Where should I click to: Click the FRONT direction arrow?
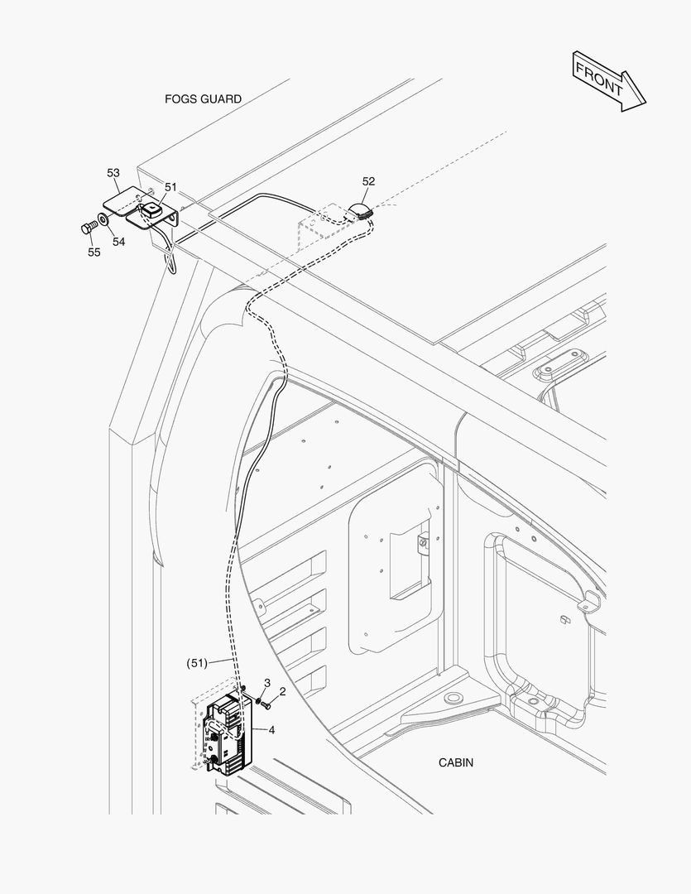(x=607, y=79)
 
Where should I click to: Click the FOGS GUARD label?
(x=203, y=99)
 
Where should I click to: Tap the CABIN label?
(x=456, y=762)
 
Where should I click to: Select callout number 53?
(x=113, y=173)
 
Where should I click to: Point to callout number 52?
(x=368, y=181)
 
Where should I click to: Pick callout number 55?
(x=94, y=252)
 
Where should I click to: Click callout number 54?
(x=119, y=242)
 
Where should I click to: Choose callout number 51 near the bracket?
(x=170, y=187)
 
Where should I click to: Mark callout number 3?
(x=267, y=682)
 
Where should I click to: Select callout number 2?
(x=282, y=691)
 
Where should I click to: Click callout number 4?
(x=271, y=729)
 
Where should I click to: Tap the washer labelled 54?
(x=102, y=221)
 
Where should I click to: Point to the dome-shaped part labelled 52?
(x=362, y=209)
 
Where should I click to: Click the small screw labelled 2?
(x=266, y=704)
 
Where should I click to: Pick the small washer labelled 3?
(x=257, y=701)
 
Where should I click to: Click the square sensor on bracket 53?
(x=150, y=212)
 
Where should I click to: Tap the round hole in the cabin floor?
(x=453, y=699)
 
